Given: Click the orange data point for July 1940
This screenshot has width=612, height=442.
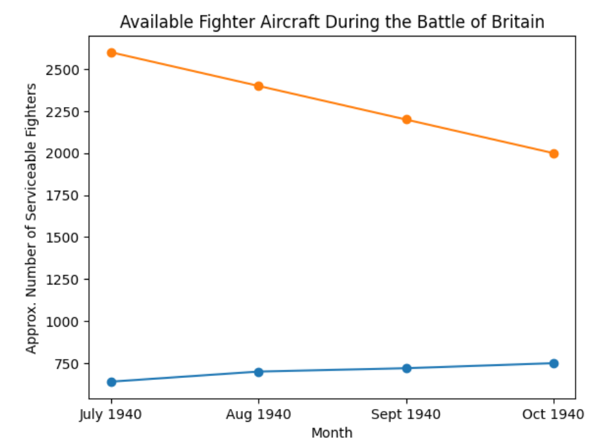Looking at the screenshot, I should pos(111,53).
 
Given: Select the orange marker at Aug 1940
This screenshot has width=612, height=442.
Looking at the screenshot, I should pos(259,86).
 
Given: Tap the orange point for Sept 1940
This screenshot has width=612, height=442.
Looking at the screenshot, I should pos(406,120).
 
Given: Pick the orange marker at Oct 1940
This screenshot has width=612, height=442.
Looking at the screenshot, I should pos(554,154).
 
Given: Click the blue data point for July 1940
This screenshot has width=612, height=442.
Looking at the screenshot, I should pos(111,382).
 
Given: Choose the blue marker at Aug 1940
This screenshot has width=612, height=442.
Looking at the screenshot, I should pos(259,372).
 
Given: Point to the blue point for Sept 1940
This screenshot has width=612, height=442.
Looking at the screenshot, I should pos(406,369).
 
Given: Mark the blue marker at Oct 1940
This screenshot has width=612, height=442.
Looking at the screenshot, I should pos(554,363).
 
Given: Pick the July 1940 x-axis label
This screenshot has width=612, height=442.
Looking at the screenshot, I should pos(111,413).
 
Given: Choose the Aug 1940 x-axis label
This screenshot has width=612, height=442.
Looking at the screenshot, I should pos(259,413).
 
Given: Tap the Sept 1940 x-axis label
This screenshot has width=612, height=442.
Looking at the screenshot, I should pos(406,413).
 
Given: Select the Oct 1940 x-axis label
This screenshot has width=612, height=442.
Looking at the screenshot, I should pos(554,413).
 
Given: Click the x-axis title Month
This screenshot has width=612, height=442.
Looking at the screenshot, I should pos(332,433).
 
